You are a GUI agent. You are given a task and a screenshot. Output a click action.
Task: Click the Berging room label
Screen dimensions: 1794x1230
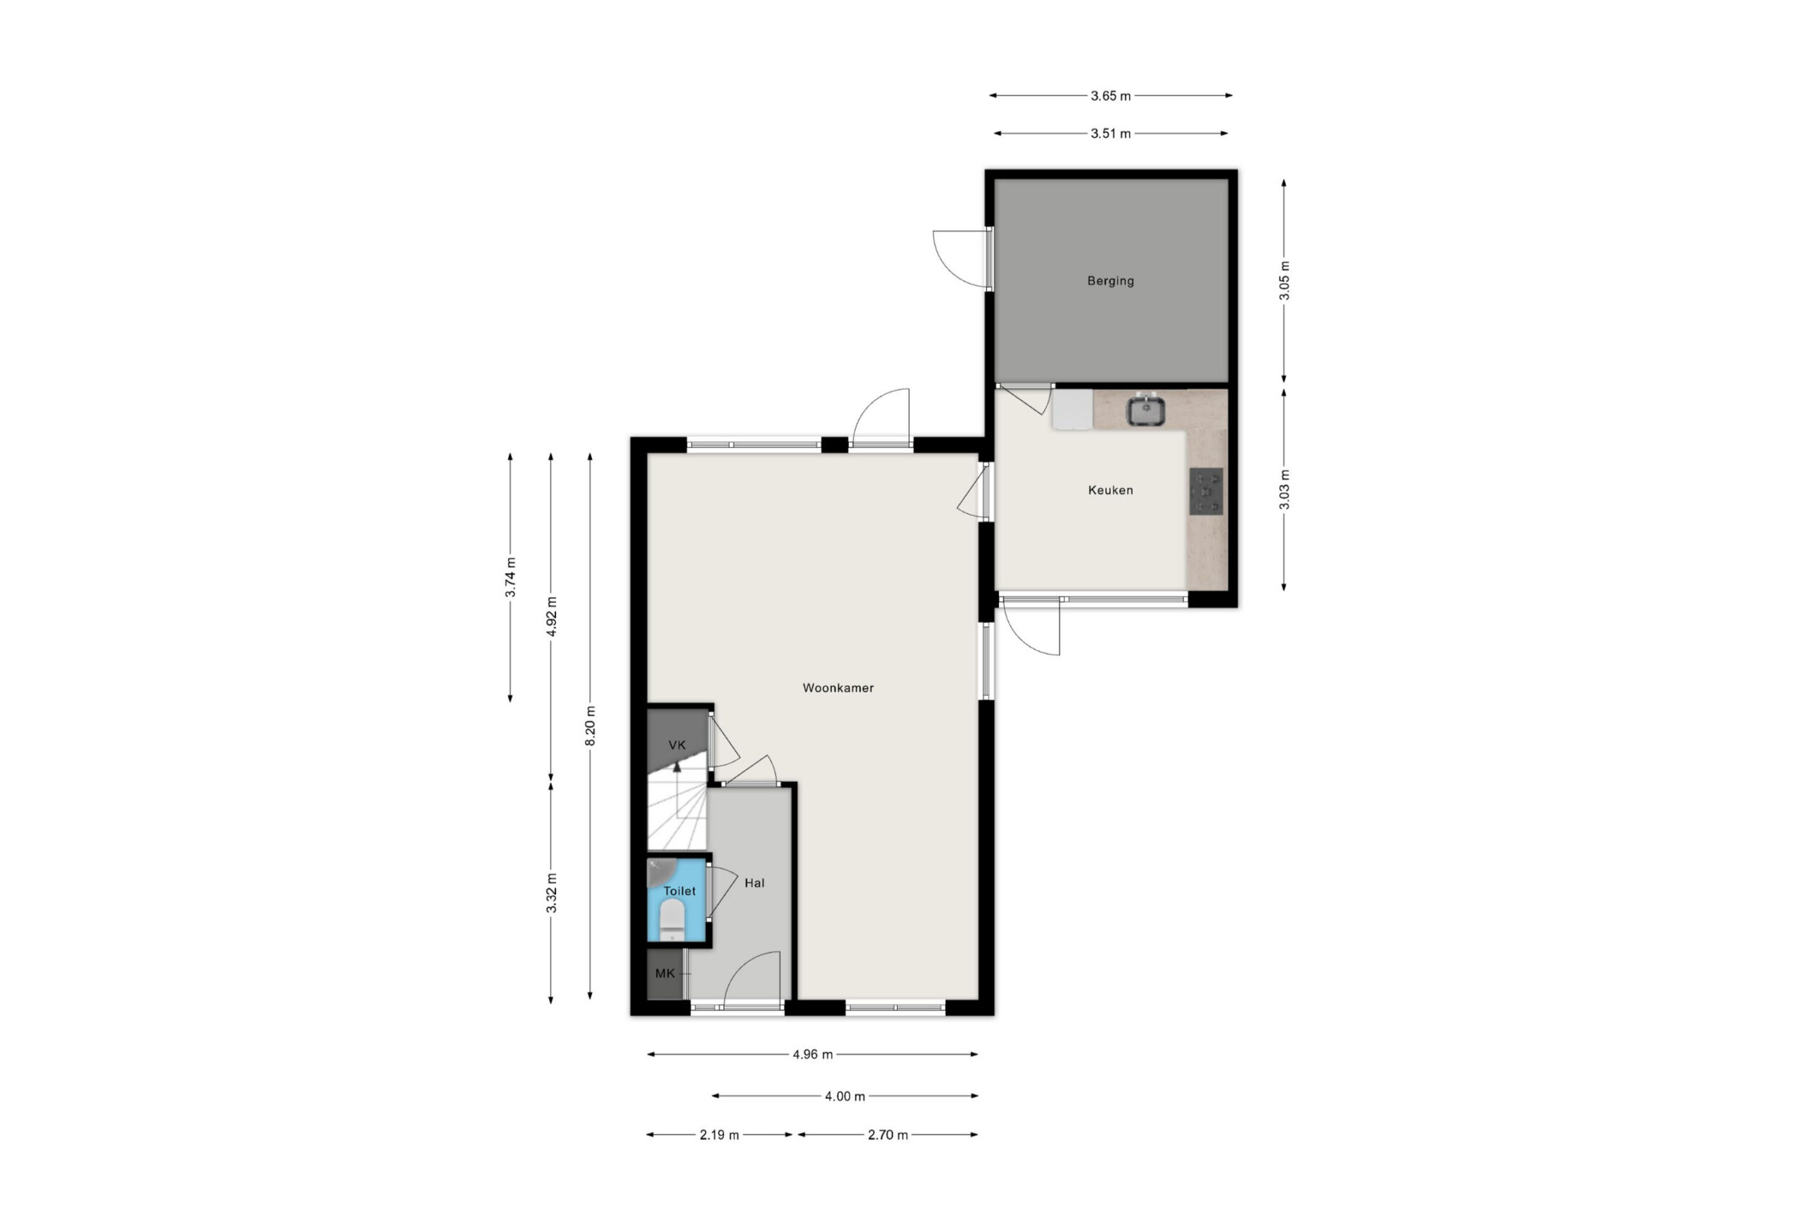click(1110, 281)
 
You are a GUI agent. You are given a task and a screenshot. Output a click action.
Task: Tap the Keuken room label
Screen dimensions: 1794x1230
click(1110, 489)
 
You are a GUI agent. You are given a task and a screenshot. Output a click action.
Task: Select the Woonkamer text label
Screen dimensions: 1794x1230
click(837, 688)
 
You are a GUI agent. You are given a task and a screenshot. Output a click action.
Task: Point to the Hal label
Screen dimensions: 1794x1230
click(754, 883)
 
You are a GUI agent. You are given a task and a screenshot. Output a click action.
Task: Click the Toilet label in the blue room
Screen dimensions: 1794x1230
click(680, 891)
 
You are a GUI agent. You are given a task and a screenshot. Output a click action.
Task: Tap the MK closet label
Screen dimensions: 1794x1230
click(664, 973)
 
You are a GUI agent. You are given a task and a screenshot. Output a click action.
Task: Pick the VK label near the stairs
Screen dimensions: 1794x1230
click(677, 745)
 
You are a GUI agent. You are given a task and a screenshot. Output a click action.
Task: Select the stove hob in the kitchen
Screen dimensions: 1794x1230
click(1206, 491)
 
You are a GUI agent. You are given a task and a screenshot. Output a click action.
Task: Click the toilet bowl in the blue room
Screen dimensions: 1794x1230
click(672, 921)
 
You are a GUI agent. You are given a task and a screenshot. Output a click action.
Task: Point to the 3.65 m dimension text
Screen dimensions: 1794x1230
click(1110, 95)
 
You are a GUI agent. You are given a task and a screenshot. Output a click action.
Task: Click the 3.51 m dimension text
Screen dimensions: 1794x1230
click(1110, 133)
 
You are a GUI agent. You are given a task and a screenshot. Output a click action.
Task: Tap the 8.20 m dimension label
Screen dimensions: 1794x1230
click(590, 726)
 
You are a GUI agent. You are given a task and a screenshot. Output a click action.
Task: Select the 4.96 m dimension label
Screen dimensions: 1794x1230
click(812, 1054)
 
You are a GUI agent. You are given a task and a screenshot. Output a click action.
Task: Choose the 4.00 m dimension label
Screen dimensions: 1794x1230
click(845, 1096)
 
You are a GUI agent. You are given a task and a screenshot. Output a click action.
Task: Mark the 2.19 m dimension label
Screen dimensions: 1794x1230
click(719, 1135)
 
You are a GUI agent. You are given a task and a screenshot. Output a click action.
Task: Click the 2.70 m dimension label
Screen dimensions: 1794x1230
click(887, 1135)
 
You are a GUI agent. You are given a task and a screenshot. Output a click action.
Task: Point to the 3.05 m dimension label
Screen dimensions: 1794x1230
click(1284, 281)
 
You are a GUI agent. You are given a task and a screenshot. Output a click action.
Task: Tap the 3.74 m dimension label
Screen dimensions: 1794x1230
click(510, 577)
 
